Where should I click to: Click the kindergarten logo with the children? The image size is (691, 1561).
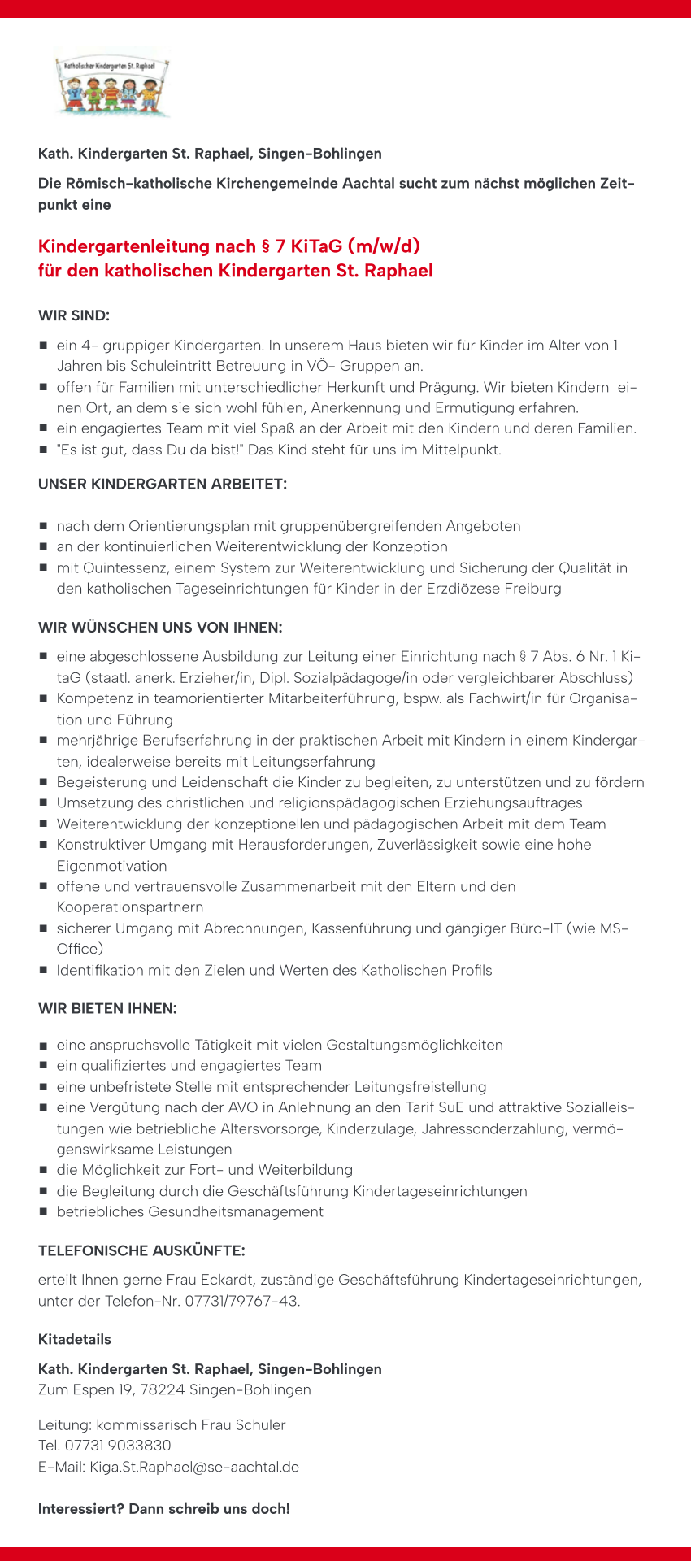[112, 86]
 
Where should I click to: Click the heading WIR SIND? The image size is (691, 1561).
[74, 315]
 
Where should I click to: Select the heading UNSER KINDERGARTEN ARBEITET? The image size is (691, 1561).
[163, 485]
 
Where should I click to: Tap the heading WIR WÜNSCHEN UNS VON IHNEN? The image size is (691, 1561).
[160, 628]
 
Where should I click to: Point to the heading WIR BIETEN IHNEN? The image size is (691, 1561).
[107, 1009]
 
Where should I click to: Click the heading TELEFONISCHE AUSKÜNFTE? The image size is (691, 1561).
[141, 1250]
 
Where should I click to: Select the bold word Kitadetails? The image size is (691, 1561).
[75, 1339]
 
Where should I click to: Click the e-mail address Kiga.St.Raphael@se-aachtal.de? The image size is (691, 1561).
[194, 1467]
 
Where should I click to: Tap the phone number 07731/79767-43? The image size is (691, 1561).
[241, 1301]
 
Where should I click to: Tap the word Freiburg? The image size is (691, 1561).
[533, 588]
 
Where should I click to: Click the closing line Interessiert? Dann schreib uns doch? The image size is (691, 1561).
[164, 1509]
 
